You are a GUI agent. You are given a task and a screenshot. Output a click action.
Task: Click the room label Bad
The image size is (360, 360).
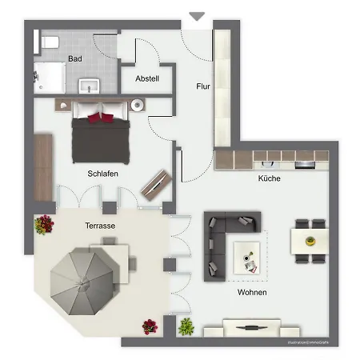coord(75,58)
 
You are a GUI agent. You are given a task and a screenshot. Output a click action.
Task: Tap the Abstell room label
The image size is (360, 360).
coord(147,78)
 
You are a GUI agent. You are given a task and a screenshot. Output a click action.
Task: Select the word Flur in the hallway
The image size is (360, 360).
coord(203,85)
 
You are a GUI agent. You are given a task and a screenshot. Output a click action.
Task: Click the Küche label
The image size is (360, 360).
coord(269,179)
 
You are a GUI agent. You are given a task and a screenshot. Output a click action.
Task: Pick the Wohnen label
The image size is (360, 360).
coord(251,293)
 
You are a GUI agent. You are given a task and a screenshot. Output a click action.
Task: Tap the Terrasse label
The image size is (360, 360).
coord(101,226)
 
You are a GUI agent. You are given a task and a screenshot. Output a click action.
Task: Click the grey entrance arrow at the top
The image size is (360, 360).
coord(197,16)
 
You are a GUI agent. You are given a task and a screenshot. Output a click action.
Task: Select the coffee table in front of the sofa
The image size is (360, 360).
coord(250,258)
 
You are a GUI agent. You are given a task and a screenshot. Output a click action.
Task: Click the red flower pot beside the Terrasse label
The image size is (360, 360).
coord(42,226)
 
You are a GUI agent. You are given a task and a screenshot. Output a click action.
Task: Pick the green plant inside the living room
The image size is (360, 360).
coord(187,326)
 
